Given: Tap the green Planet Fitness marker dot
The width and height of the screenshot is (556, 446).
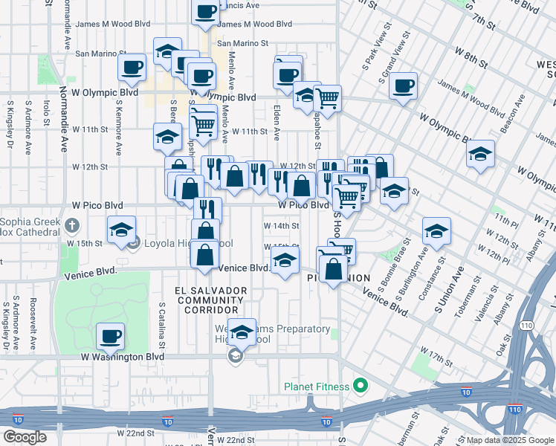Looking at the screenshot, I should tap(361, 386).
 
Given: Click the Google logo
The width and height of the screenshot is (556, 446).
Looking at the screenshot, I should tap(25, 437).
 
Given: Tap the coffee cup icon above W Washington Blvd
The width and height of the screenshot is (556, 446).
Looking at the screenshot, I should tap(111, 336).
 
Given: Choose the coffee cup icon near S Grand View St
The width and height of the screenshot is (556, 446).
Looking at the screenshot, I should tap(403, 85).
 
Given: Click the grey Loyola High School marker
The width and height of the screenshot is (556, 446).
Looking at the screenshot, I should tap(134, 242).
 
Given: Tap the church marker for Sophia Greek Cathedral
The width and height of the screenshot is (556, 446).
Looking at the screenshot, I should tap(71, 224).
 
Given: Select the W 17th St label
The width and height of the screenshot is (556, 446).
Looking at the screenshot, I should tap(435, 350).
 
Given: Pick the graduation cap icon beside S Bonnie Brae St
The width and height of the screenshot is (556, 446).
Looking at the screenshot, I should tap(436, 230).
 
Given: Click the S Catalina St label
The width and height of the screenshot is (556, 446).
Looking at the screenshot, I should tap(161, 325).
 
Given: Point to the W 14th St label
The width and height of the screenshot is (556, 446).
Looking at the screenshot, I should tap(281, 225).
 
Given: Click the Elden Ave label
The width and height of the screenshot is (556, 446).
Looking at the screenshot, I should tap(276, 123).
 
